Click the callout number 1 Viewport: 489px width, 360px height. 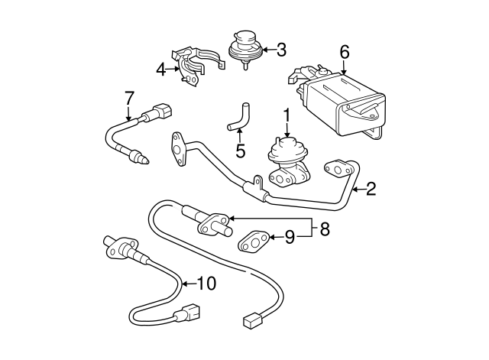pyautogui.click(x=288, y=116)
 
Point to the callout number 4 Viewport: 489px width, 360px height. pyautogui.click(x=161, y=70)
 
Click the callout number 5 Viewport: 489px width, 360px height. pyautogui.click(x=240, y=150)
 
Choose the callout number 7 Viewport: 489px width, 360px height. pyautogui.click(x=129, y=97)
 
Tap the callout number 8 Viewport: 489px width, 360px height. pyautogui.click(x=324, y=228)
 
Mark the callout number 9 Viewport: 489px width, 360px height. pyautogui.click(x=290, y=238)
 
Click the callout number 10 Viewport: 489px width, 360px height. pyautogui.click(x=207, y=284)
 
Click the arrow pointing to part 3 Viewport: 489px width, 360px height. pyautogui.click(x=267, y=50)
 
